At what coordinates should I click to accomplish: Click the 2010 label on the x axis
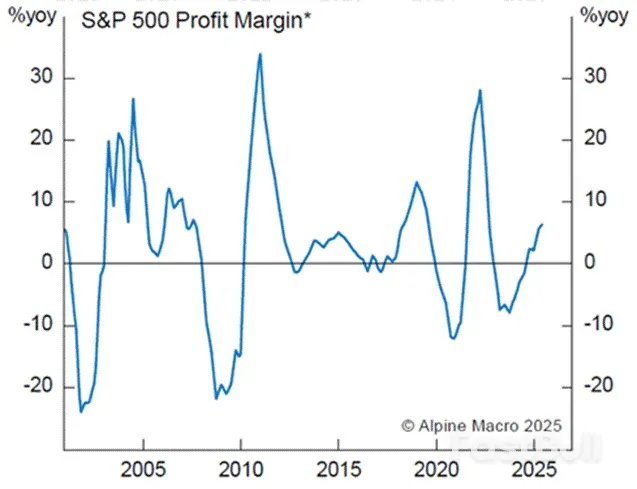(240, 469)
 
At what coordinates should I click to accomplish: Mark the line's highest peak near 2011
(260, 54)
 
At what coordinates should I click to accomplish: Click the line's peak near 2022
(480, 90)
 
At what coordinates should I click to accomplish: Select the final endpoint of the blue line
(542, 225)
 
